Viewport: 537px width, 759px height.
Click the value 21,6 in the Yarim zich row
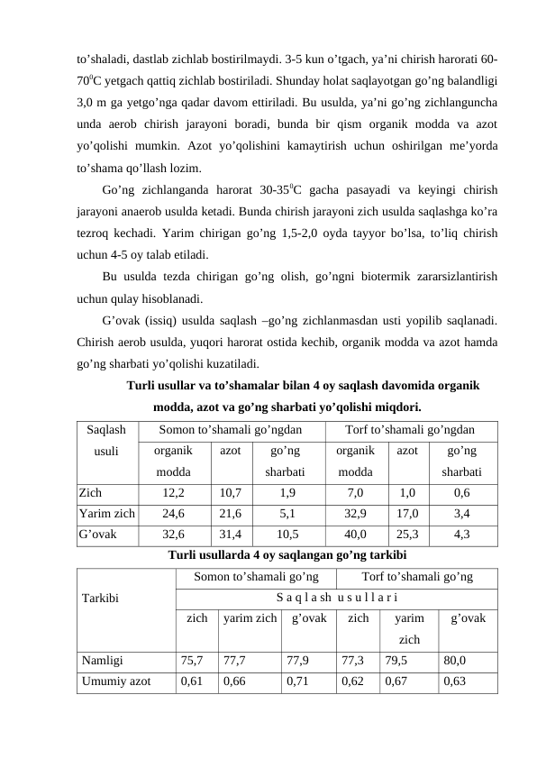[x=231, y=514]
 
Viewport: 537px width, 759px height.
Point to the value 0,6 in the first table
[x=461, y=494]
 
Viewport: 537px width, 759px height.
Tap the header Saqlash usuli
[x=107, y=443]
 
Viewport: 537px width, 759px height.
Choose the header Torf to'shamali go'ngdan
[x=410, y=433]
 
